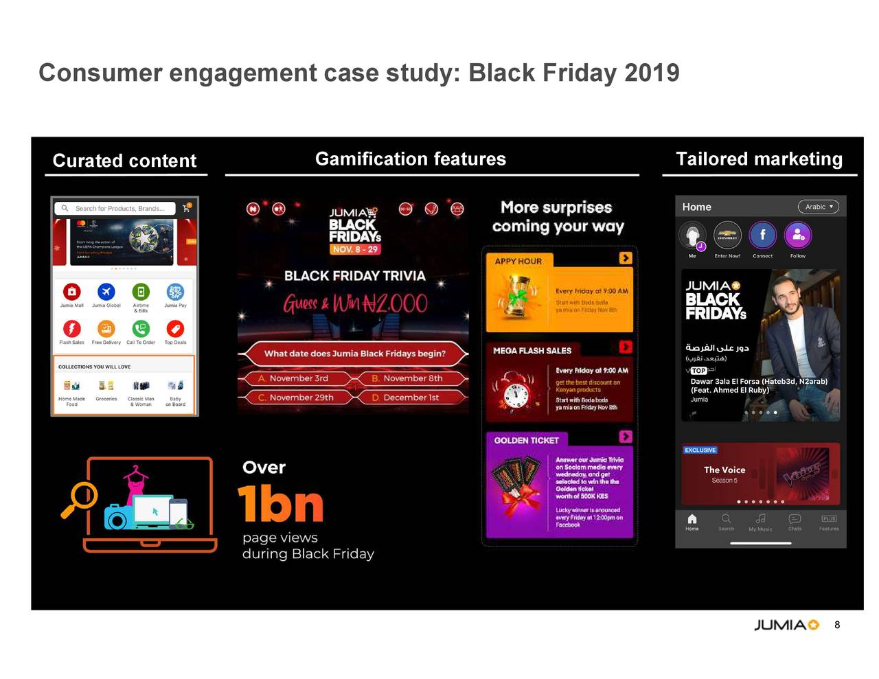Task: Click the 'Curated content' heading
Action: [124, 161]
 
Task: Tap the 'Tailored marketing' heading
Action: [759, 159]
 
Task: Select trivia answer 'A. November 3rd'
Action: [293, 378]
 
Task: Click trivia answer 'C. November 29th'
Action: [296, 398]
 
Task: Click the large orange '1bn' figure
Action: [280, 504]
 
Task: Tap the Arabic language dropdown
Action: [818, 207]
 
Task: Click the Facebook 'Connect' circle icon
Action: [762, 235]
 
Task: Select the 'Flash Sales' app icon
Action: [72, 329]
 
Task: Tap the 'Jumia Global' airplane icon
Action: [106, 292]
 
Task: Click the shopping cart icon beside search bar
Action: [186, 208]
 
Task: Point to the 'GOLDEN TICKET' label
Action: [526, 440]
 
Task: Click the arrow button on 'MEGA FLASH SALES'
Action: [625, 347]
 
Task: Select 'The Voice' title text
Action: [724, 470]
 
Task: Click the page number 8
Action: [837, 625]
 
